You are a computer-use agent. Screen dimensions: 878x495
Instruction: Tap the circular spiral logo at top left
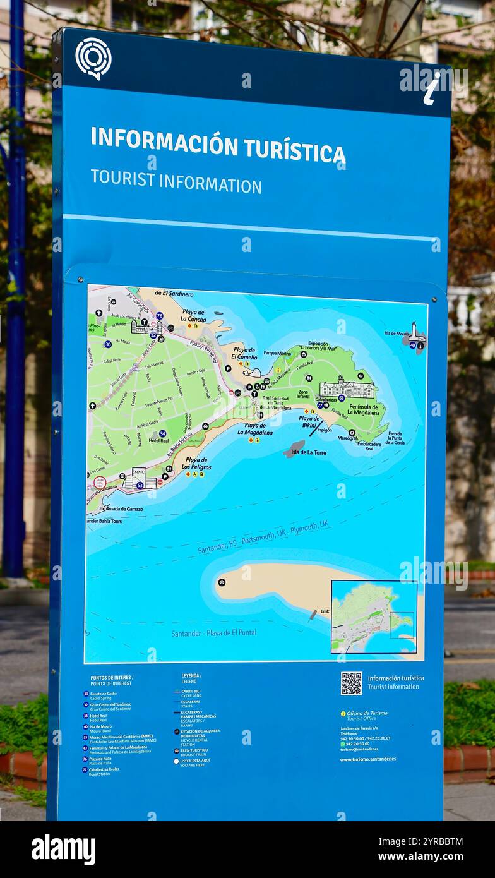(x=93, y=58)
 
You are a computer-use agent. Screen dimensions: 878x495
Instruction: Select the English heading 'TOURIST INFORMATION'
(x=176, y=181)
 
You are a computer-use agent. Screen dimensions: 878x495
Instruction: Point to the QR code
(x=351, y=683)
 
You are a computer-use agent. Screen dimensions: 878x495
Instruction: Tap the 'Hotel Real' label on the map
(x=158, y=440)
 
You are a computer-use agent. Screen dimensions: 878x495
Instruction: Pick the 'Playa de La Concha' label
(x=193, y=315)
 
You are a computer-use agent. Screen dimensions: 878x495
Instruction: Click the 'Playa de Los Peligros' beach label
(x=196, y=464)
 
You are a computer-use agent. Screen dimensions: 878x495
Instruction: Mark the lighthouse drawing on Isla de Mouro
(x=415, y=333)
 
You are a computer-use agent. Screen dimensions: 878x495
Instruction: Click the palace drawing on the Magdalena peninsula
(x=347, y=387)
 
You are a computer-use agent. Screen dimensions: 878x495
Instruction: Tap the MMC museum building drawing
(x=138, y=478)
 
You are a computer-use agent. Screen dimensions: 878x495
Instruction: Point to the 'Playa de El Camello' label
(x=244, y=352)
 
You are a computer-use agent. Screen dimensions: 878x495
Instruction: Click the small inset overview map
(x=373, y=617)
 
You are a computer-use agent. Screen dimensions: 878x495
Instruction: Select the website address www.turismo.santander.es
(x=367, y=759)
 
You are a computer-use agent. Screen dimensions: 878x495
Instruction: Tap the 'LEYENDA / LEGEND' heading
(x=191, y=678)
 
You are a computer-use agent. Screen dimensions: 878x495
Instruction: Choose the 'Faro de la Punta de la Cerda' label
(x=395, y=438)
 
